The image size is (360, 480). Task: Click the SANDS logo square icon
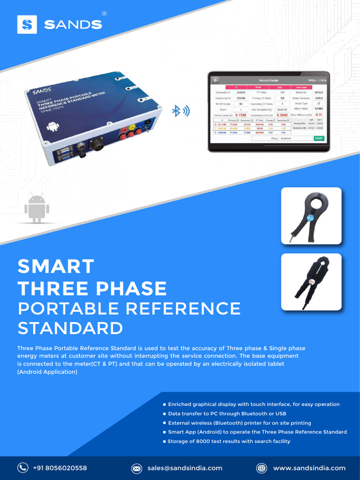(x=27, y=24)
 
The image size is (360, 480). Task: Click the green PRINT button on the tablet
(x=319, y=138)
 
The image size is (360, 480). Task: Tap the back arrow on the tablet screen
(x=216, y=80)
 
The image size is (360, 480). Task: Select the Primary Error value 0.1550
(x=241, y=115)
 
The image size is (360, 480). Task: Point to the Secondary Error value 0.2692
(x=282, y=115)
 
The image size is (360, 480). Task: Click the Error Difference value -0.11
(x=319, y=114)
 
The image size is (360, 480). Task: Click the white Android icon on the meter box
(x=52, y=126)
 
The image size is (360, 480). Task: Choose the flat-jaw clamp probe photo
(x=311, y=282)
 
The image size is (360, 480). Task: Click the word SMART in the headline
(x=56, y=267)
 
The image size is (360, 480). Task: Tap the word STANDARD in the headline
(x=70, y=328)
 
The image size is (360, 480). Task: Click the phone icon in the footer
(x=22, y=468)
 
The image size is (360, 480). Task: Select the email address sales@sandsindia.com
(x=185, y=468)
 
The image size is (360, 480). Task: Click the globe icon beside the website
(x=262, y=468)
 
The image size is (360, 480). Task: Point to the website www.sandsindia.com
(x=309, y=468)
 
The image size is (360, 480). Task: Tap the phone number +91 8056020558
(x=60, y=468)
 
